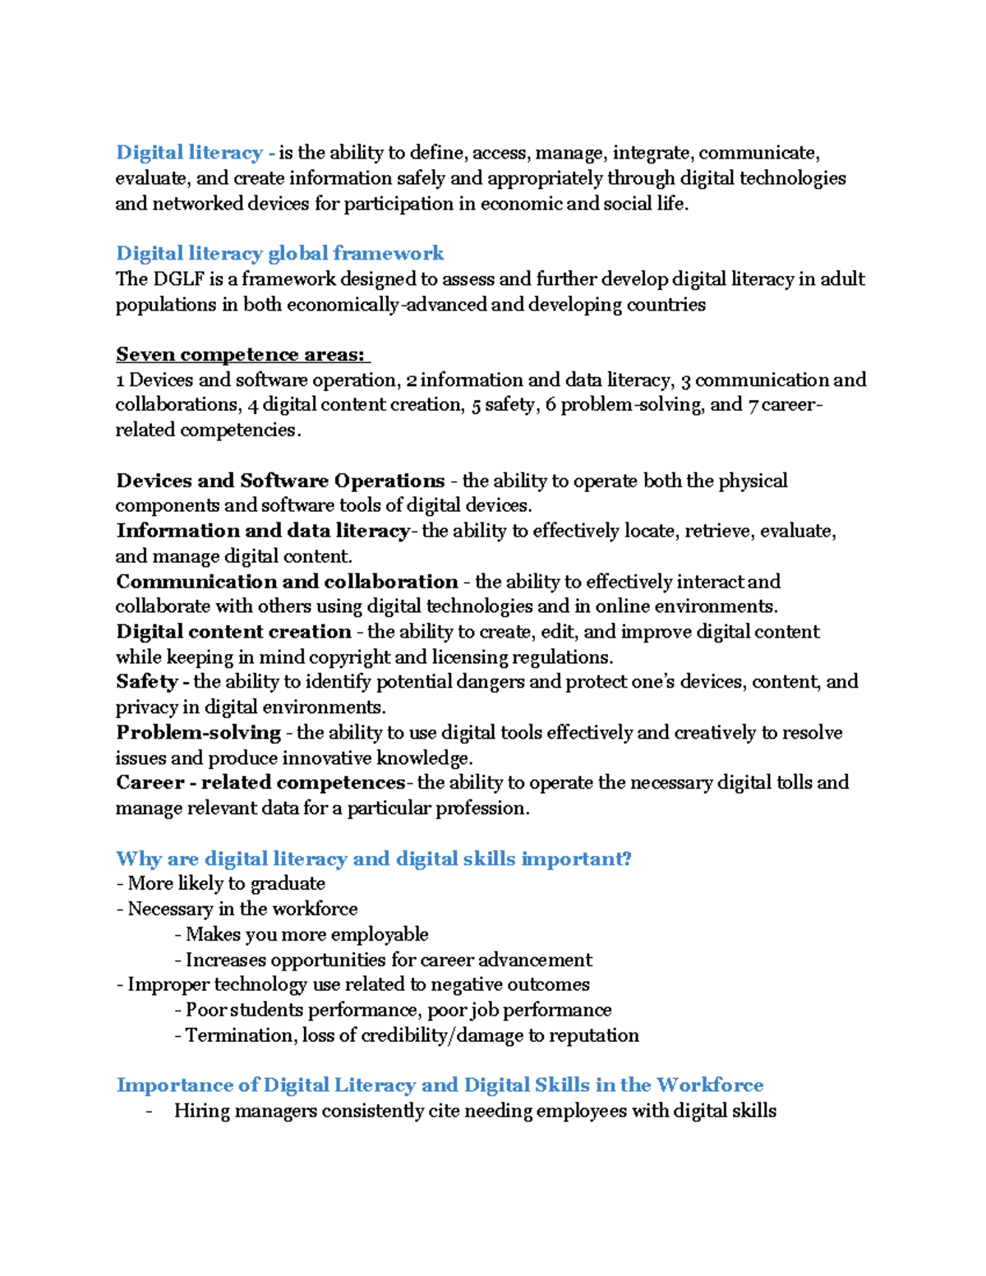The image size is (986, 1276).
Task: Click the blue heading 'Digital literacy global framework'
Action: [x=279, y=253]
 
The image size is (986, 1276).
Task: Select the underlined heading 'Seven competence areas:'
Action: [x=241, y=354]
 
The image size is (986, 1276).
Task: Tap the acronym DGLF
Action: [x=178, y=279]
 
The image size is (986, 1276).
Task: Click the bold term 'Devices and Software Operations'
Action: [x=280, y=481]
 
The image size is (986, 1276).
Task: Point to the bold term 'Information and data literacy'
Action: [x=263, y=531]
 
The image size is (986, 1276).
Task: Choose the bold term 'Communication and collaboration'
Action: [x=287, y=582]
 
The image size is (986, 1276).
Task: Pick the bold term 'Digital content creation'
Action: [x=233, y=632]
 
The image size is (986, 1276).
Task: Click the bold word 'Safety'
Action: [x=147, y=682]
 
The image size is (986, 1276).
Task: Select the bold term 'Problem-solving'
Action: [x=198, y=733]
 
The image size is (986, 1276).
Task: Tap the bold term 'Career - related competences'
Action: [x=260, y=782]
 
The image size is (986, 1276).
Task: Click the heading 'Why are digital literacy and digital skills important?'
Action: [x=374, y=859]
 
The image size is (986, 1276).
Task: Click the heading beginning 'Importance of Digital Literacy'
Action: [x=440, y=1085]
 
